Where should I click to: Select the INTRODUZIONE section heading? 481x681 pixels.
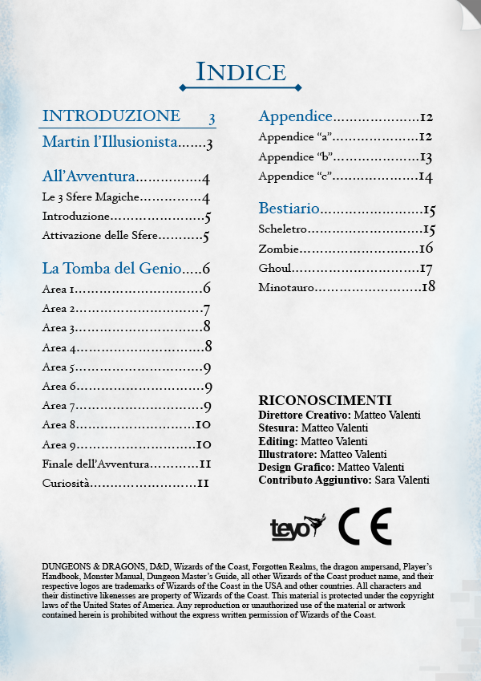point(111,116)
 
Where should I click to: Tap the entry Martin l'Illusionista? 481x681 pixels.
point(109,144)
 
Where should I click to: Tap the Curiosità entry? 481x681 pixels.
point(66,483)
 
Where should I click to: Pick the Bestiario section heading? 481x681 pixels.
point(289,209)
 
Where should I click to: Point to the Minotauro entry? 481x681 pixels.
point(286,287)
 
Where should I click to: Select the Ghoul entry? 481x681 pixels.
point(275,268)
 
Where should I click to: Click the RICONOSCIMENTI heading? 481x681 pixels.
point(325,400)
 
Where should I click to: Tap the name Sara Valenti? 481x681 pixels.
point(402,480)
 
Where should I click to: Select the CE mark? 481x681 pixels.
point(365,526)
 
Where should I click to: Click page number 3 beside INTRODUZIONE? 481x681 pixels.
point(212,119)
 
